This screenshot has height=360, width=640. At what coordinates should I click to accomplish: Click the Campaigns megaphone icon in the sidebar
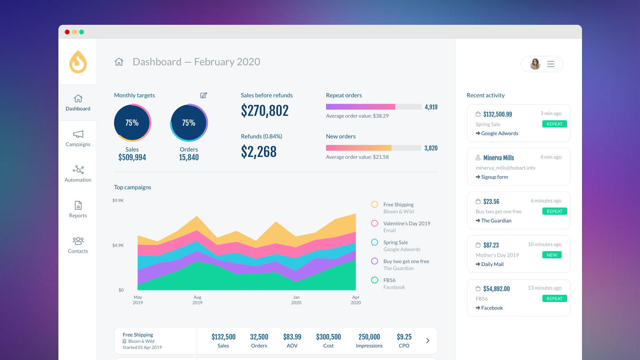coord(78,134)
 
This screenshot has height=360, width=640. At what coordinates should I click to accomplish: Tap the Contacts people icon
coord(78,241)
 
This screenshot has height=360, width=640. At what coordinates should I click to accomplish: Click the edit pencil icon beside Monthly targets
coord(204,95)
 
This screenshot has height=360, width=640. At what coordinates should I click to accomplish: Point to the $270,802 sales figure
coord(265,111)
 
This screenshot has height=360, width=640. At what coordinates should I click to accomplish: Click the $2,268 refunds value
coord(259,152)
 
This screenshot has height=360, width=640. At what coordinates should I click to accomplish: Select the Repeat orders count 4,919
coord(431,107)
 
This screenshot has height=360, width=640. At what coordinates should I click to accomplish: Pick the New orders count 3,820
coord(431,148)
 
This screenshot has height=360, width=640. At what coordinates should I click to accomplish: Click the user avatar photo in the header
coord(535,64)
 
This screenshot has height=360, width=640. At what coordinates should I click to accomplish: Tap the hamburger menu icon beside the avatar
coord(551,64)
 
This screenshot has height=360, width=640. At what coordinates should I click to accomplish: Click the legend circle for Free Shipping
coord(374,205)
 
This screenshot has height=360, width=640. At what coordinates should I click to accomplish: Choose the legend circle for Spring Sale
coord(374,242)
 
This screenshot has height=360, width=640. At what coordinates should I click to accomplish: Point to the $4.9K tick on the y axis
coord(118,246)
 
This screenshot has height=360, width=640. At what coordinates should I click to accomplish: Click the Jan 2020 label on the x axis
coord(296,300)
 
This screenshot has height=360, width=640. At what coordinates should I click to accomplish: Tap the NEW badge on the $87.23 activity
coord(552,255)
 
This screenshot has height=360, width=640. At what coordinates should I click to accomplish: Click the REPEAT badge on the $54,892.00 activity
coord(554,299)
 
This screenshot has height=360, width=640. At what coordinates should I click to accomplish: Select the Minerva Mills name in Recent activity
coord(498,158)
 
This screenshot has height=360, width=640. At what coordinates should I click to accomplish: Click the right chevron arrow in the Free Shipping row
coord(428,341)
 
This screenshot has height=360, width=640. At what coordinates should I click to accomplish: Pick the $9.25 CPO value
coord(404,337)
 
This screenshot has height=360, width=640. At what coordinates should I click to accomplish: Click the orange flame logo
coord(78,62)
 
